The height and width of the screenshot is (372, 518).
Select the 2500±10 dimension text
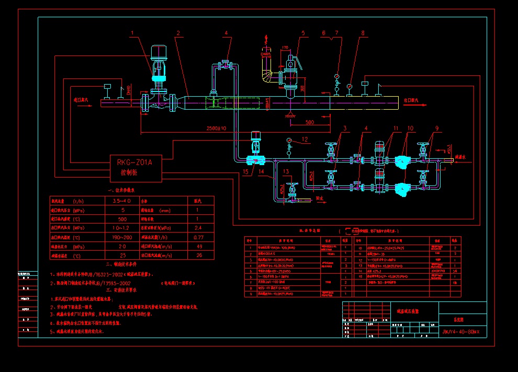coord(216,129)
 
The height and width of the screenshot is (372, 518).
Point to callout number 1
coord(132,33)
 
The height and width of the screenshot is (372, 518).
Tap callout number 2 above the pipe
coord(178,33)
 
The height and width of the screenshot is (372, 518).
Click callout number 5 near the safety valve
coord(303,33)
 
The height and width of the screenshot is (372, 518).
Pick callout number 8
coord(363,33)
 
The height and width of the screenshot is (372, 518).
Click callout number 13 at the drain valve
coord(286,171)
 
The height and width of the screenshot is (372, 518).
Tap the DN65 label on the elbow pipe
coord(266,54)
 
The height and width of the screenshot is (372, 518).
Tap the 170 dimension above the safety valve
coord(285,48)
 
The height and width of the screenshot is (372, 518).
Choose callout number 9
coord(436,128)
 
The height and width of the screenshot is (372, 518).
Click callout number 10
coord(411,128)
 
